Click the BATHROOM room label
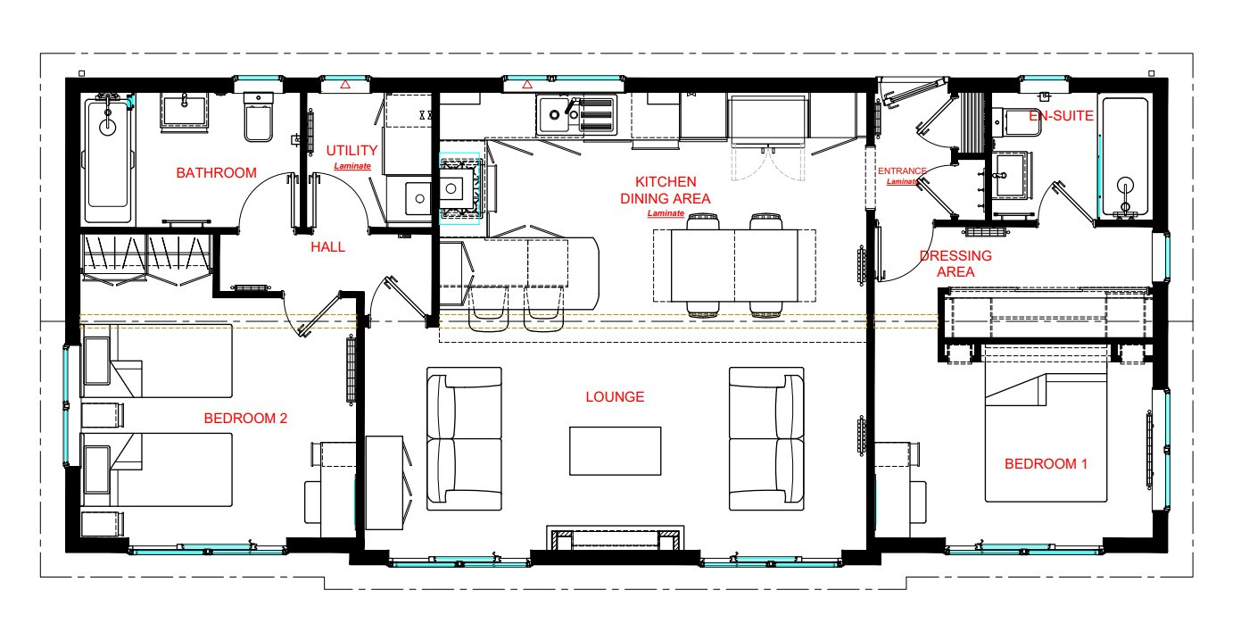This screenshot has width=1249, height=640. (216, 173)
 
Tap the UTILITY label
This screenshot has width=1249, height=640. (352, 151)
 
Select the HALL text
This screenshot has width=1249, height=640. (328, 247)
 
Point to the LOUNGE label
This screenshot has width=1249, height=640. (615, 396)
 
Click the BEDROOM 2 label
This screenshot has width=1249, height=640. (245, 419)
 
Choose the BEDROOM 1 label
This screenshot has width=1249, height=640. (1046, 463)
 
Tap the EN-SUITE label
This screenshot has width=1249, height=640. (1061, 115)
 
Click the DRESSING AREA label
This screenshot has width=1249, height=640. (955, 264)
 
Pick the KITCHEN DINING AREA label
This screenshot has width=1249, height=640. (666, 190)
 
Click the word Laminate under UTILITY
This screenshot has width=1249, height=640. (352, 166)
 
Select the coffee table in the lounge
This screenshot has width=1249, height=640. (615, 451)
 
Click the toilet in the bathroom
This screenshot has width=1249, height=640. (258, 117)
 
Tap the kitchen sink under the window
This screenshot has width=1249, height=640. (576, 115)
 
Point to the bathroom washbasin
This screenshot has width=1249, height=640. (185, 111)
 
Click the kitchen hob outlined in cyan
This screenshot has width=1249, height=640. (459, 188)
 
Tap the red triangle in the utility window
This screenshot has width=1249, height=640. (345, 85)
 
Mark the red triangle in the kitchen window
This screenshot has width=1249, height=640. (527, 85)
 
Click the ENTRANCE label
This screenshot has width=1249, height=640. (902, 170)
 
